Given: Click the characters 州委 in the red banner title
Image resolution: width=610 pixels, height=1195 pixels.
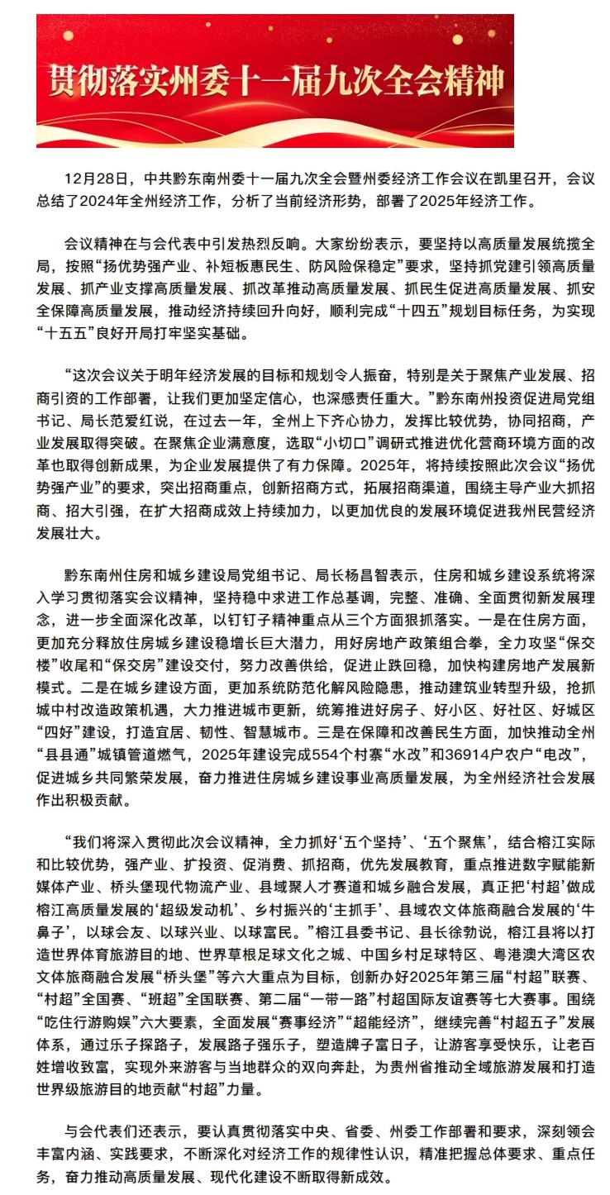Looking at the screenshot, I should click(x=195, y=83).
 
